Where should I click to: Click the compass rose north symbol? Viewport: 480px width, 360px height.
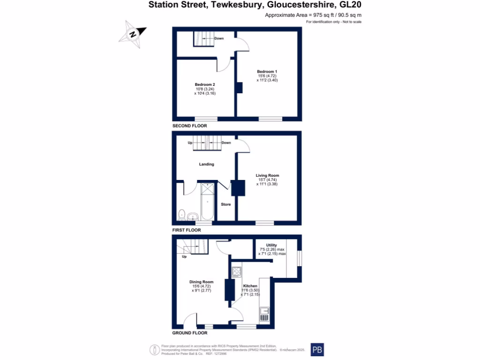(133, 34)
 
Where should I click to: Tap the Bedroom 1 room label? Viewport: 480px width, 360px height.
(267, 71)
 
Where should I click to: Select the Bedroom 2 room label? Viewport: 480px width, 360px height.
(205, 84)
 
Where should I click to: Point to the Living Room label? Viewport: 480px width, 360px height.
(268, 176)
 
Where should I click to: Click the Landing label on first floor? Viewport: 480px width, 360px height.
(206, 164)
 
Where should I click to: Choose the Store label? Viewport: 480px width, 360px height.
(226, 204)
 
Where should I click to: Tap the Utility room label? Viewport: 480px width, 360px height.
(271, 245)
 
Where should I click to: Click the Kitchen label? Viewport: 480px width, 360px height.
(250, 286)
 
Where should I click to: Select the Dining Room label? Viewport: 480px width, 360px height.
(202, 282)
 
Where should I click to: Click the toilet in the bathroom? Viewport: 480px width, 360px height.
(182, 214)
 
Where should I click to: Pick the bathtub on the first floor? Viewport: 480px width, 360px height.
(207, 202)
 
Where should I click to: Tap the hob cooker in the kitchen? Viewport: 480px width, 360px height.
(237, 272)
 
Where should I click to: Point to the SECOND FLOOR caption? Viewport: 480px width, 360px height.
(189, 126)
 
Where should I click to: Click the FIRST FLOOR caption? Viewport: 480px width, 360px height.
(187, 230)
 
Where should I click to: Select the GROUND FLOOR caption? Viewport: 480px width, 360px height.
(190, 333)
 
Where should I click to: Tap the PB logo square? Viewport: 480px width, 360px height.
(317, 350)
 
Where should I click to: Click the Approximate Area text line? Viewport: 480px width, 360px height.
(313, 15)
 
